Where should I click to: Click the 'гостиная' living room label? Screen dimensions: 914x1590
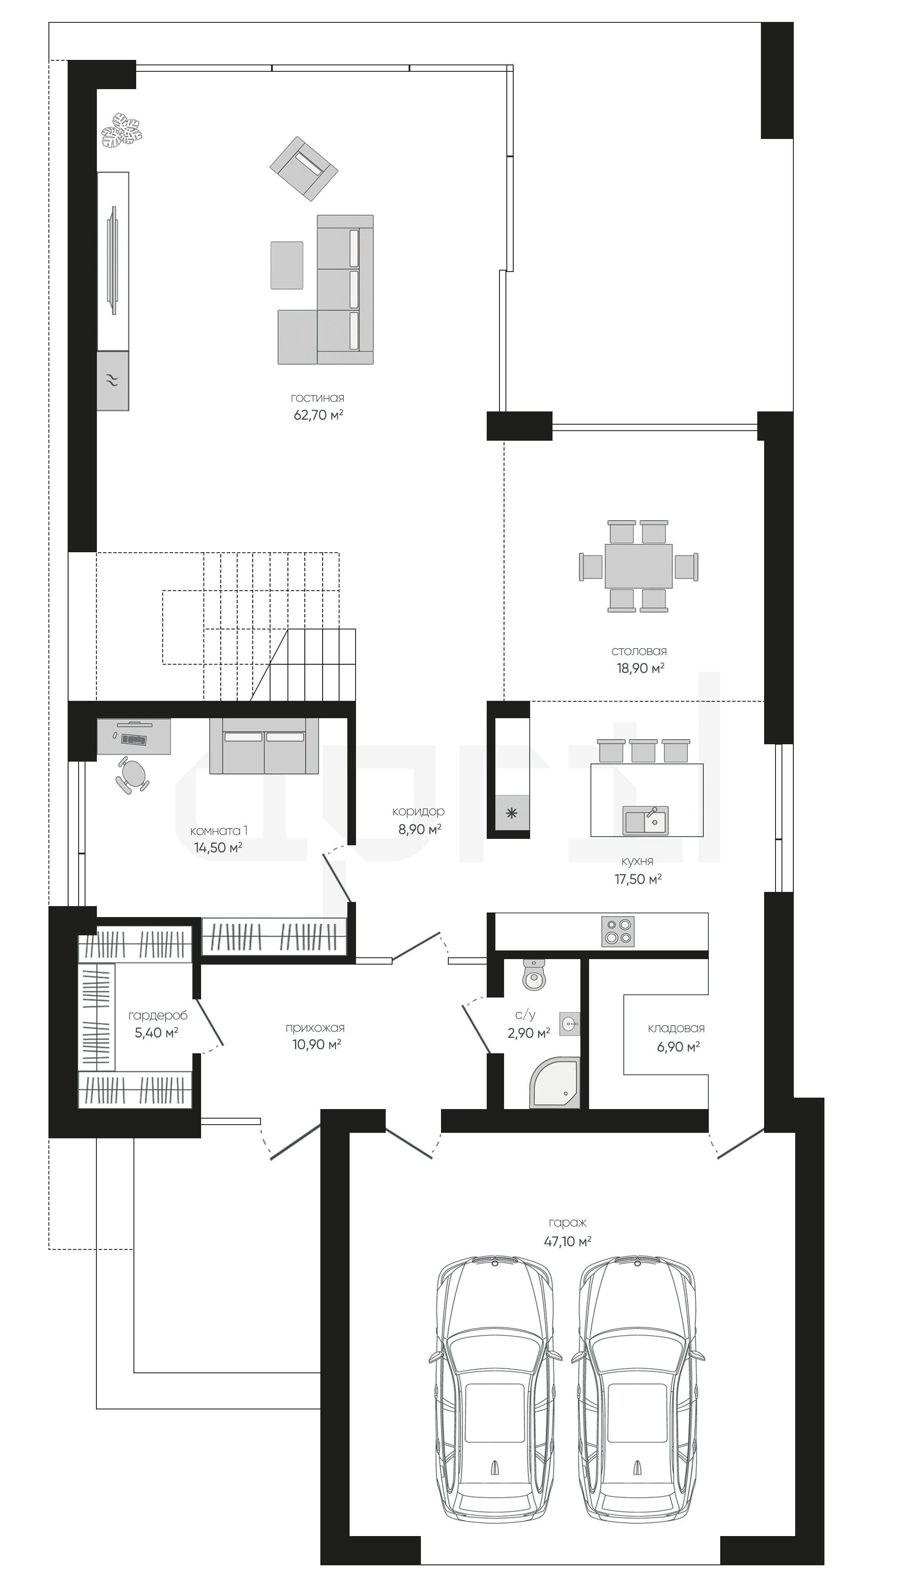click(318, 398)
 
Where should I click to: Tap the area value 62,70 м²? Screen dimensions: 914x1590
click(318, 415)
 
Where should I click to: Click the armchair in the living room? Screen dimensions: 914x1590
click(304, 168)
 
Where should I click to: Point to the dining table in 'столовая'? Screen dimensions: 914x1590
click(638, 566)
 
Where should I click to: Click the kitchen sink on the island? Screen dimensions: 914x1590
click(646, 820)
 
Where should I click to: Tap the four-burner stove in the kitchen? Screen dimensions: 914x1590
click(618, 932)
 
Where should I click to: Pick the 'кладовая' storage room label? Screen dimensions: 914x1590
click(676, 1029)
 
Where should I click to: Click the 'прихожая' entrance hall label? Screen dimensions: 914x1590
click(315, 1029)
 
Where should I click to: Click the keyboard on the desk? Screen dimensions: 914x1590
click(134, 739)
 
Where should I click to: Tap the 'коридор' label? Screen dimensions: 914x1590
click(418, 811)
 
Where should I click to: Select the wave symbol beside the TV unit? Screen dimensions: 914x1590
click(113, 380)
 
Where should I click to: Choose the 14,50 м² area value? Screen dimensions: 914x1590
click(218, 848)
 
